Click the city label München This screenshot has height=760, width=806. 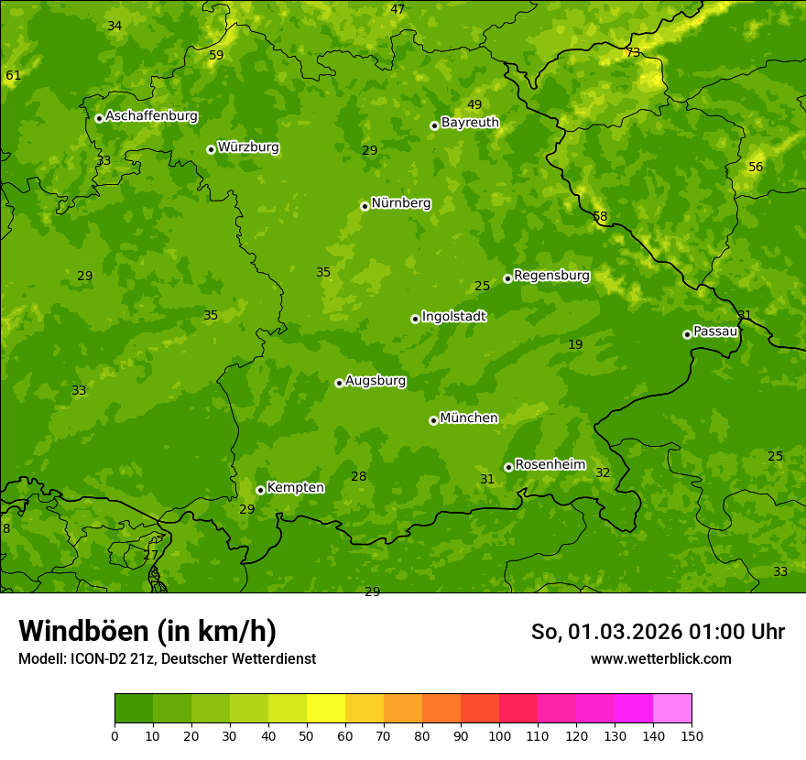point(468,418)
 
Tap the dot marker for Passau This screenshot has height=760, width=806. point(687,334)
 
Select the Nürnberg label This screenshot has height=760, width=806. point(400,203)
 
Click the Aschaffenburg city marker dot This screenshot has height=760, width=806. point(99,118)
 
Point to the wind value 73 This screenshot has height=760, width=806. point(633,52)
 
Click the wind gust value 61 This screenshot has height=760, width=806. point(13,75)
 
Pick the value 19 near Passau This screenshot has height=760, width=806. point(575,344)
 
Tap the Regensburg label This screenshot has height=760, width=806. point(551,276)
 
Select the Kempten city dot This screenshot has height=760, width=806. point(260,490)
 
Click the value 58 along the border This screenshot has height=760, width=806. point(600,217)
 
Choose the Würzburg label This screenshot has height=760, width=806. point(248,147)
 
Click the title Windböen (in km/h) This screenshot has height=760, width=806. point(147,631)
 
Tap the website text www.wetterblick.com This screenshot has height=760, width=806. point(660,658)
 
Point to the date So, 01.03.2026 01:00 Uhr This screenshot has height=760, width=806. point(658,632)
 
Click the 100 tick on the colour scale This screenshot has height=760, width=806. point(499,734)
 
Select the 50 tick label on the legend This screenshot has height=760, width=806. point(307,734)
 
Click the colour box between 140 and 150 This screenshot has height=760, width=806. point(672,709)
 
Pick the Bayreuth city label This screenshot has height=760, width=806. point(470,122)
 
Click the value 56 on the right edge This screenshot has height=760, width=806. point(756,167)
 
